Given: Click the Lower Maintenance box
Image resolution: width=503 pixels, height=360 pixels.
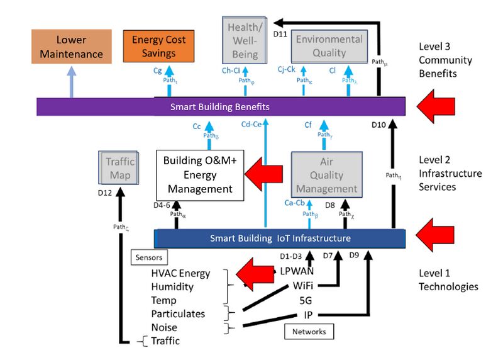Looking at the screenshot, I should click(71, 47).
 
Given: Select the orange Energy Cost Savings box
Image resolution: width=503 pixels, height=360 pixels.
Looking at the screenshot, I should click(158, 47).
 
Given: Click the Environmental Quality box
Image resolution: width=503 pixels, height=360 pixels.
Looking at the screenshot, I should click(329, 46).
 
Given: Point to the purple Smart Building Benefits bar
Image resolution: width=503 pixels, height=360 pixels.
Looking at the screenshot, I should click(220, 107).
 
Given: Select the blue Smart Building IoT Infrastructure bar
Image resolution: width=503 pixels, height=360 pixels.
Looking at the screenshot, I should click(280, 239).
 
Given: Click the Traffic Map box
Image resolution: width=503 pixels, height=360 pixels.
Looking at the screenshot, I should click(120, 168).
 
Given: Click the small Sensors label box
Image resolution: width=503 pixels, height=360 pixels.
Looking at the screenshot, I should click(148, 257).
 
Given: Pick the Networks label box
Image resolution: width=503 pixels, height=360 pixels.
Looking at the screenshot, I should click(309, 331).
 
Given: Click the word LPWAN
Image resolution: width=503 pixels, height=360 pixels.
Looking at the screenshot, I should click(297, 272).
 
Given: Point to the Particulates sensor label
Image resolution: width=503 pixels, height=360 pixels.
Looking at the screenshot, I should click(178, 313).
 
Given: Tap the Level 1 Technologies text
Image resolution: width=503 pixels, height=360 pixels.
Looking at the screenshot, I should click(448, 280).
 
